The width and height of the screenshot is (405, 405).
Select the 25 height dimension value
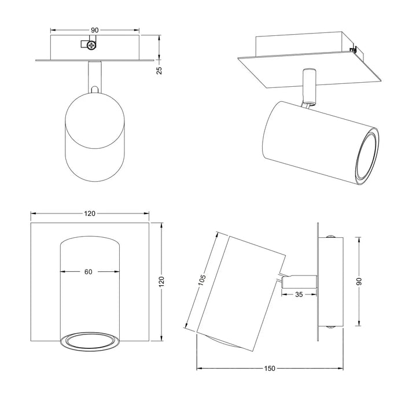(x=160, y=70)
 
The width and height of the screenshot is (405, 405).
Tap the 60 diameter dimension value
(x=89, y=271)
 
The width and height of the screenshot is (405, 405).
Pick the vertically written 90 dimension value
(x=359, y=281)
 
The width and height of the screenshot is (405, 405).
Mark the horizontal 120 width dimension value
(x=90, y=213)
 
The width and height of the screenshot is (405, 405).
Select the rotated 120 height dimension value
(x=162, y=282)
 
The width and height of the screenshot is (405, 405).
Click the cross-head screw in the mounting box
(x=90, y=45)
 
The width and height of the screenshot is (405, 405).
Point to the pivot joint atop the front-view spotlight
(x=94, y=89)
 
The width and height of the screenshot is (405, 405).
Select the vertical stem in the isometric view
(x=309, y=87)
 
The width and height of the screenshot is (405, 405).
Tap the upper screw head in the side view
(x=330, y=236)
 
